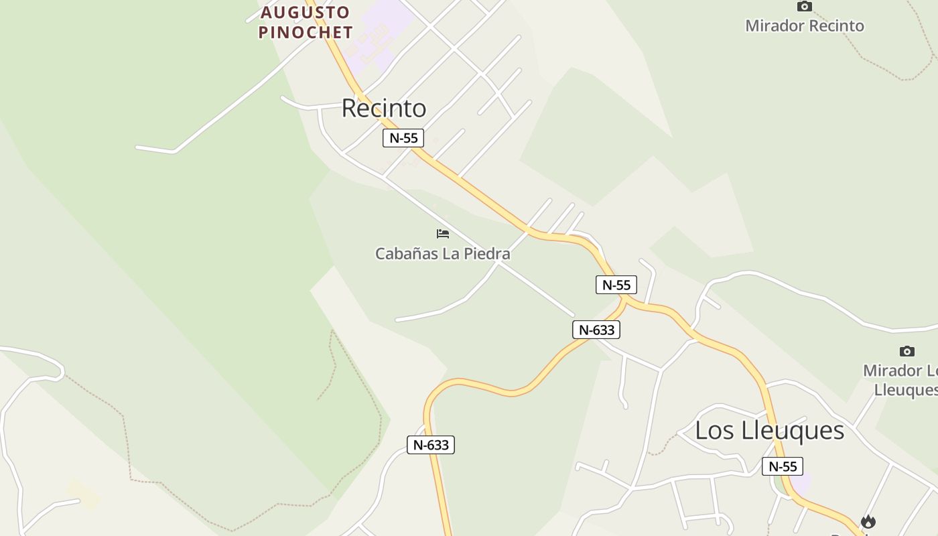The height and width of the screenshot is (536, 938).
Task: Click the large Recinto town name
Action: pos(384,108)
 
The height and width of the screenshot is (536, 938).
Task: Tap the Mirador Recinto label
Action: pos(805,26)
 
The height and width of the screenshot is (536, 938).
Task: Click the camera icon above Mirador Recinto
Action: pos(805,7)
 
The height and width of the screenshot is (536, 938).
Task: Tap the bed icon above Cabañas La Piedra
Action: pos(443,234)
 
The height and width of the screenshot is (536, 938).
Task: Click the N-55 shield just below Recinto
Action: pos(403,138)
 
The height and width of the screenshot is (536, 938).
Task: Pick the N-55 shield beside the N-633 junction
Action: pos(616,285)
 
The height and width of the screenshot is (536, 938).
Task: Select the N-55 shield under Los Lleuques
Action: pos(783,466)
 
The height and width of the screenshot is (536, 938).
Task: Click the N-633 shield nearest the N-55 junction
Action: pos(596,330)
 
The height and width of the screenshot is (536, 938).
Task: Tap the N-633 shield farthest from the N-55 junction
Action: pos(431,445)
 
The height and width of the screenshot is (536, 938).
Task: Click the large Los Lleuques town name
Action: pos(769,430)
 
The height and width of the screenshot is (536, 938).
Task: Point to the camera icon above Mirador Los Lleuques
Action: pos(907,351)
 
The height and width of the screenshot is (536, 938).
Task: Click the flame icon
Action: pos(868,521)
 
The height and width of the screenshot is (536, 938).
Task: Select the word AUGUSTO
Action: pos(306,12)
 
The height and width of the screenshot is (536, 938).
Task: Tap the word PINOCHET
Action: pos(306,32)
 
